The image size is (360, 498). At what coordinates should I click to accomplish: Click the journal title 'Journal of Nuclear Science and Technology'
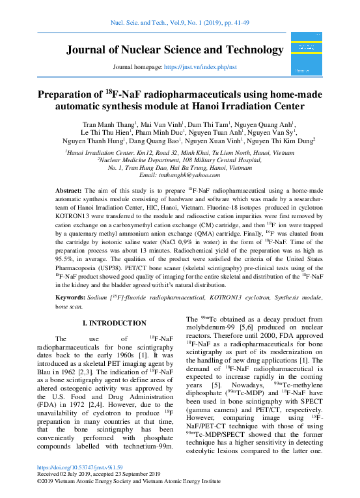174,51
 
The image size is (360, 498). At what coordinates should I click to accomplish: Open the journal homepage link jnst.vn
200,67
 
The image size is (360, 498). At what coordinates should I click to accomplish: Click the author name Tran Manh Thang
109,124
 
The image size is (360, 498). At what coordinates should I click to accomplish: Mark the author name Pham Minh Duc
178,131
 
